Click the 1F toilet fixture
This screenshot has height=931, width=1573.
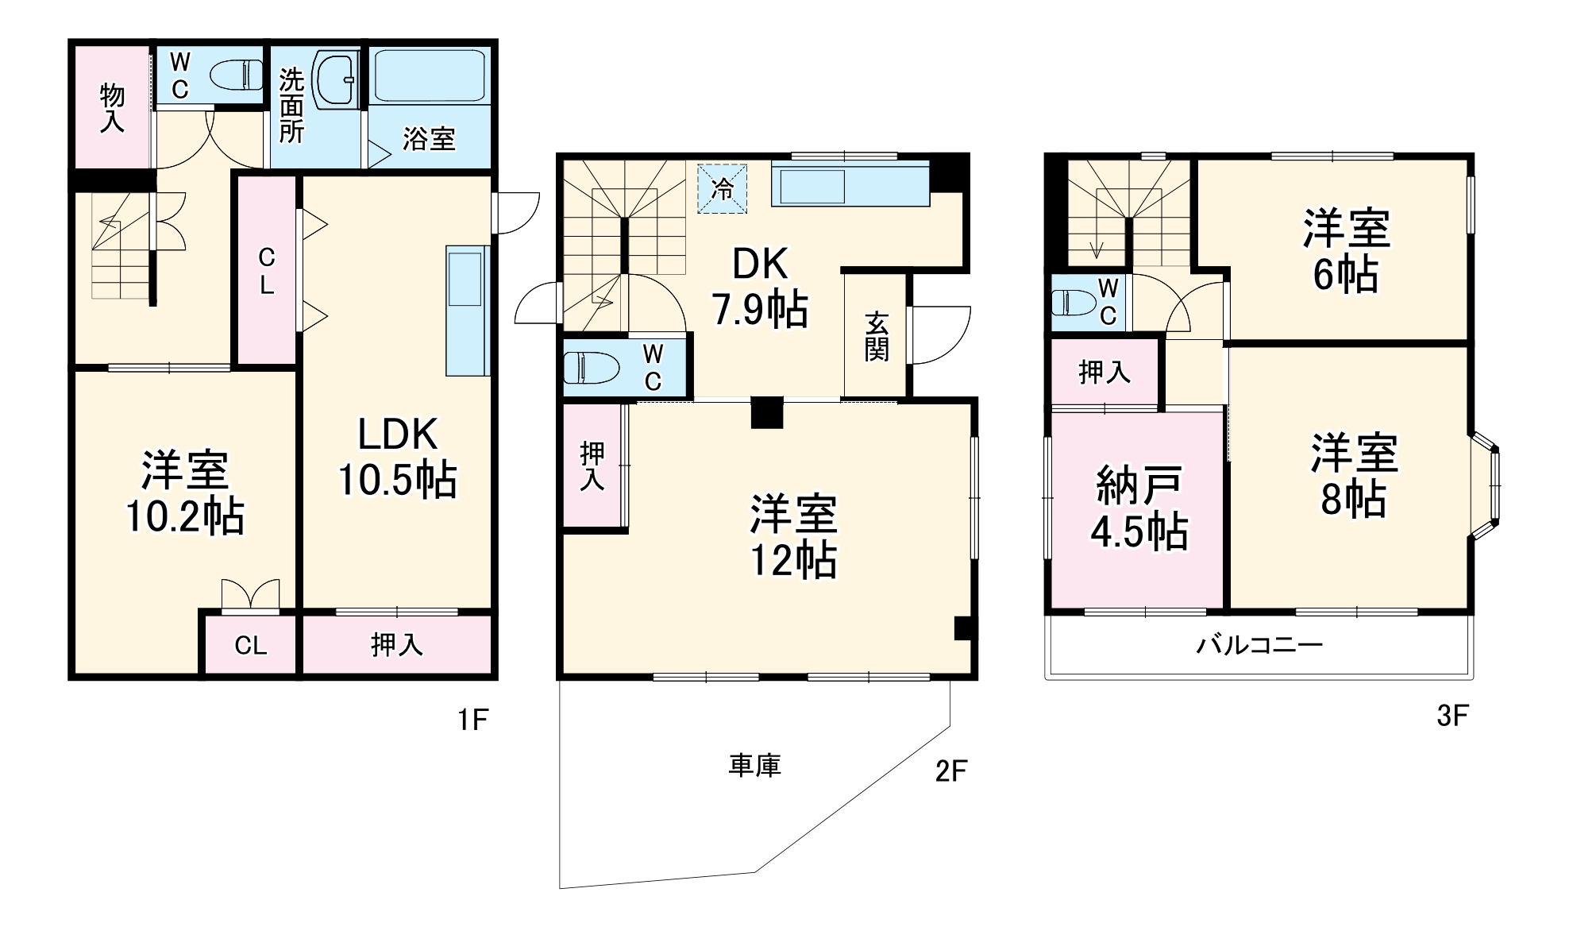pyautogui.click(x=237, y=76)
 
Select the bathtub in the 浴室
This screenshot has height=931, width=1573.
pyautogui.click(x=429, y=76)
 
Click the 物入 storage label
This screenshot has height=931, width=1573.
pyautogui.click(x=112, y=108)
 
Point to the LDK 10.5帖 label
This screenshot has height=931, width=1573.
pyautogui.click(x=397, y=458)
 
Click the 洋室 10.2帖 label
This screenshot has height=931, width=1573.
pyautogui.click(x=185, y=493)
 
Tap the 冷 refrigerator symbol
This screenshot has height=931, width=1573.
pyautogui.click(x=722, y=189)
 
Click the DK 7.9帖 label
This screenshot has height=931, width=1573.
pyautogui.click(x=760, y=287)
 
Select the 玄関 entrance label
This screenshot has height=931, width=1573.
pyautogui.click(x=876, y=337)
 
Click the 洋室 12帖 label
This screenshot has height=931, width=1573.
pyautogui.click(x=793, y=536)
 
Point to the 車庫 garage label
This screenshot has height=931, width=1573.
pyautogui.click(x=754, y=766)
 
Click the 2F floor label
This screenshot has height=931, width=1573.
pyautogui.click(x=950, y=771)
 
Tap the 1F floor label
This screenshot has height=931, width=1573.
pyautogui.click(x=472, y=720)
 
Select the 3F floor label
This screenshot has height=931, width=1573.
pyautogui.click(x=1452, y=717)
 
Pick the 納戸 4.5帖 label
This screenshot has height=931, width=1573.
pyautogui.click(x=1139, y=509)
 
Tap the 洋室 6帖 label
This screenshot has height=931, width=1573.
pyautogui.click(x=1346, y=251)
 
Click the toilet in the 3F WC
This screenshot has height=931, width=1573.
pyautogui.click(x=1073, y=303)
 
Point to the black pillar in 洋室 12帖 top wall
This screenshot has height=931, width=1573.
pyautogui.click(x=767, y=412)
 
